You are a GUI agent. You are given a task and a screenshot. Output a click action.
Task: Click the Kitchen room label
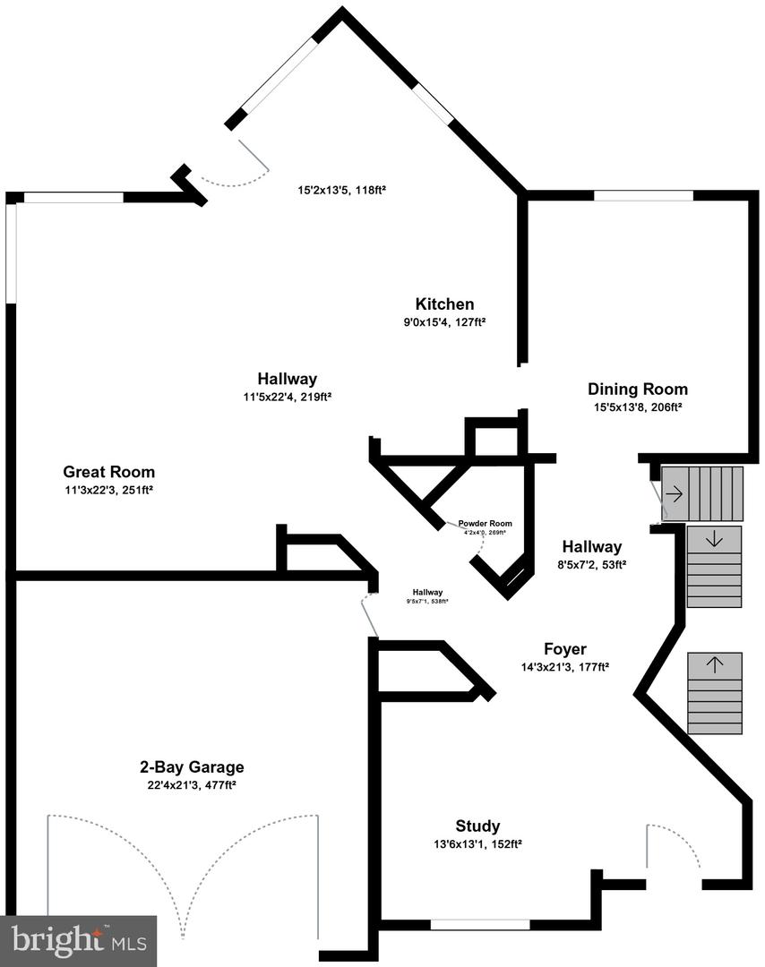444,304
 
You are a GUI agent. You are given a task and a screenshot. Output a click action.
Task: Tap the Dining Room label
638,389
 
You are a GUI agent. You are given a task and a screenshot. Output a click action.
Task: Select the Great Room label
108,472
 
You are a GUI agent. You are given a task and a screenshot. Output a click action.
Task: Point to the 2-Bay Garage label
192,767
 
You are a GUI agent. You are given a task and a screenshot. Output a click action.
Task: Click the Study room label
477,826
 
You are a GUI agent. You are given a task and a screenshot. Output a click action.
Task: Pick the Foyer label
566,649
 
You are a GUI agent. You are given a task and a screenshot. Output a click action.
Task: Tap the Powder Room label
485,524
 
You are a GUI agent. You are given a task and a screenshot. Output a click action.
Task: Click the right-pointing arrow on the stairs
674,493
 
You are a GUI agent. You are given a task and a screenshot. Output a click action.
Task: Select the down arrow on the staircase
715,539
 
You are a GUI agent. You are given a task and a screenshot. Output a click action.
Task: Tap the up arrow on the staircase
715,665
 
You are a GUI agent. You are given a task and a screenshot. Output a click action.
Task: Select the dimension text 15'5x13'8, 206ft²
638,406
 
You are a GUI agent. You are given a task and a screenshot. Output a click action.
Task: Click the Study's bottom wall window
480,924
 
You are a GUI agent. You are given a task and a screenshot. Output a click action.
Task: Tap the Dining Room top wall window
643,195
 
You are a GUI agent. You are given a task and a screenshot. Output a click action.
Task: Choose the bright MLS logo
80,940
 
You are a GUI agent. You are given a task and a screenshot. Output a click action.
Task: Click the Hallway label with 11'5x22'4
287,379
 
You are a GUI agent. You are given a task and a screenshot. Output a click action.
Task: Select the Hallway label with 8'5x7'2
591,547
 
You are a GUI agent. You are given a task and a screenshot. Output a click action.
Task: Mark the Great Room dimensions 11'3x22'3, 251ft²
107,490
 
